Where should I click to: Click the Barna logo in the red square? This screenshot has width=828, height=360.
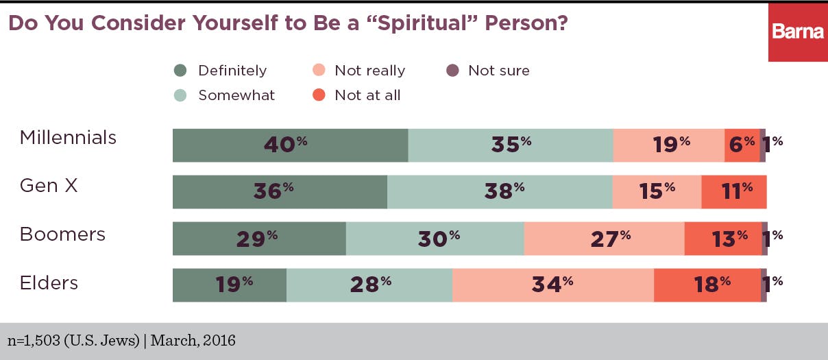[x=797, y=32]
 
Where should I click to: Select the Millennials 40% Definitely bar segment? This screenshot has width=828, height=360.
[x=290, y=145]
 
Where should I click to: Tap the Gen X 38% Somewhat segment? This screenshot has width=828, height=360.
[x=500, y=191]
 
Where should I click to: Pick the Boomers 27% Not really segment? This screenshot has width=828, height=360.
[x=604, y=238]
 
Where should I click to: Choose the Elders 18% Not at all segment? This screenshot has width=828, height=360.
[x=707, y=285]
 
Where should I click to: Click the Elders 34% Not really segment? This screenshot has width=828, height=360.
[x=552, y=285]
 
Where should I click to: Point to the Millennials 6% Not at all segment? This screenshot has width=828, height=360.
[x=742, y=145]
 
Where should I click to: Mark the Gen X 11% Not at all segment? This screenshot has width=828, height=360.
[x=733, y=191]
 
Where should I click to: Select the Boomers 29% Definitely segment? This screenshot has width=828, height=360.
[x=259, y=238]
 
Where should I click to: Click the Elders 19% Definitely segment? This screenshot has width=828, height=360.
[x=229, y=285]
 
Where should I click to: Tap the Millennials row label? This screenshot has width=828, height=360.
[x=68, y=138]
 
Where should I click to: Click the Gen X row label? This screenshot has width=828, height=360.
[x=49, y=185]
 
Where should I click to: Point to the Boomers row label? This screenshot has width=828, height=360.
[x=62, y=235]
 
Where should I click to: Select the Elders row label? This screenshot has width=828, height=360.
[x=49, y=283]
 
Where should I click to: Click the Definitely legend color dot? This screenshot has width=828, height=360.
[x=180, y=71]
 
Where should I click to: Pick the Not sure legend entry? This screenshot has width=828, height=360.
[x=488, y=71]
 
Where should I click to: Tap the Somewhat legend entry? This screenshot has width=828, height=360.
[x=226, y=95]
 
